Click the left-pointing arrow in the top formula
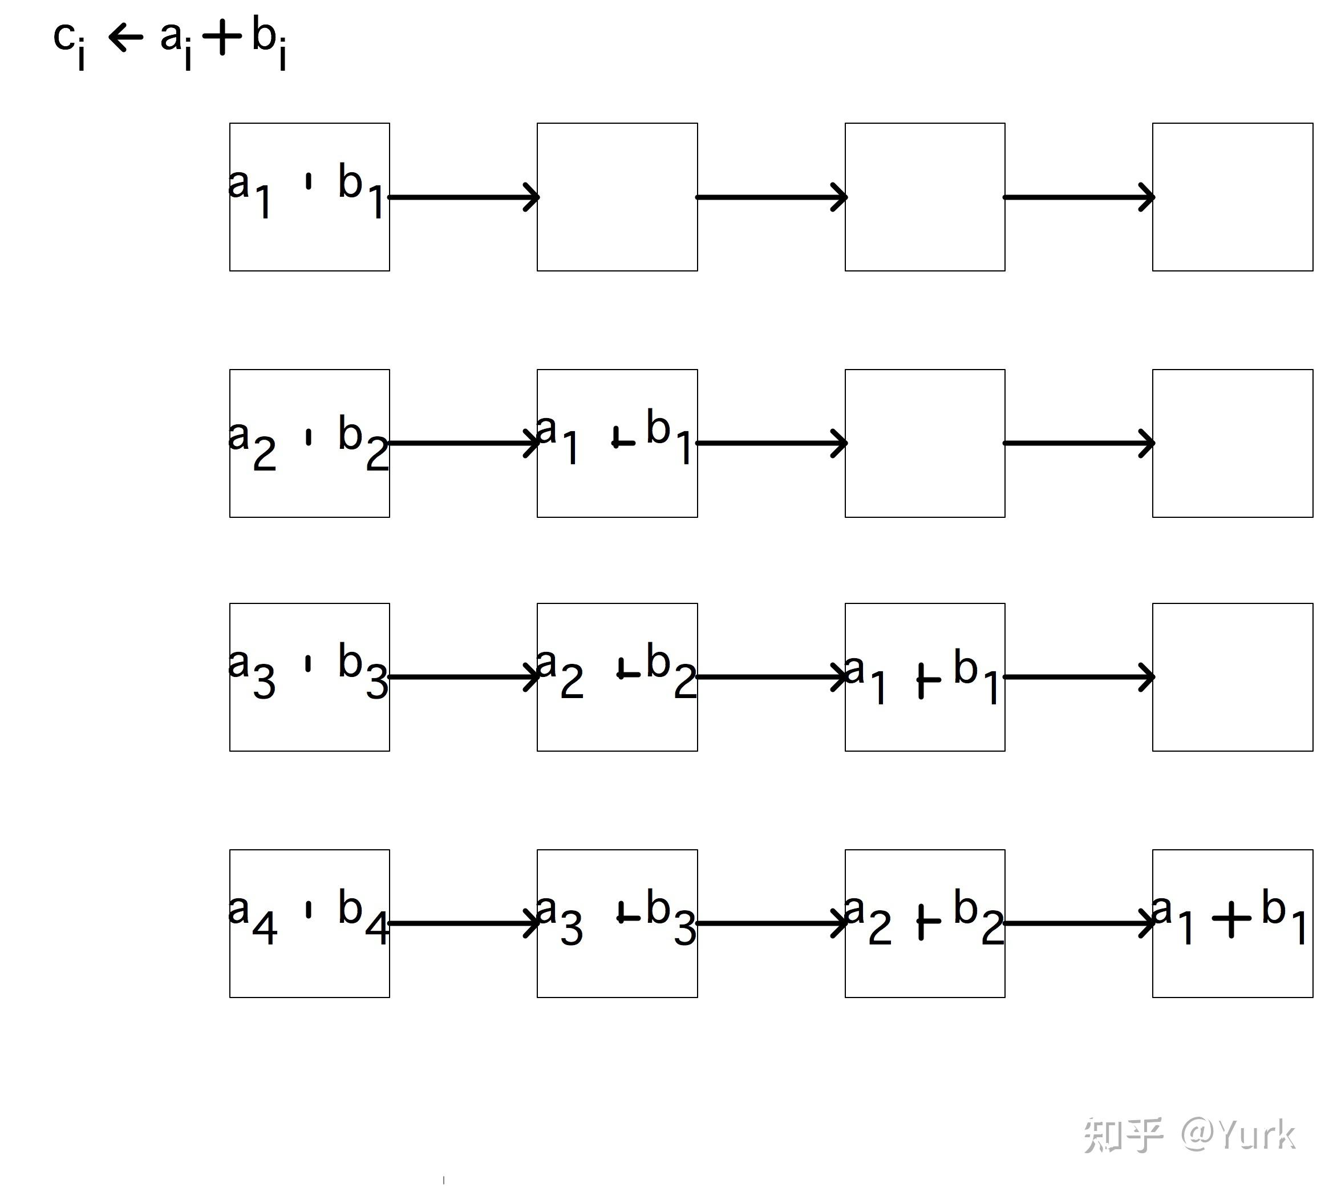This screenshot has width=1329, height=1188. (x=125, y=37)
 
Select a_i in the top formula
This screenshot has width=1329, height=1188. (x=175, y=42)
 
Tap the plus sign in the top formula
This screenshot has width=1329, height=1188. (x=222, y=37)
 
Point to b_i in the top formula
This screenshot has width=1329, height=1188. (x=269, y=42)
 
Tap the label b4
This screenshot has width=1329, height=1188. (x=362, y=917)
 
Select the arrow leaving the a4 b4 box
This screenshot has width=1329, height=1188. (x=464, y=923)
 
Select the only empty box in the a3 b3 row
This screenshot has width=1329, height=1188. (x=1233, y=677)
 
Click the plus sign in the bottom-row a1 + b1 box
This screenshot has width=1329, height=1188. (x=1231, y=918)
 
